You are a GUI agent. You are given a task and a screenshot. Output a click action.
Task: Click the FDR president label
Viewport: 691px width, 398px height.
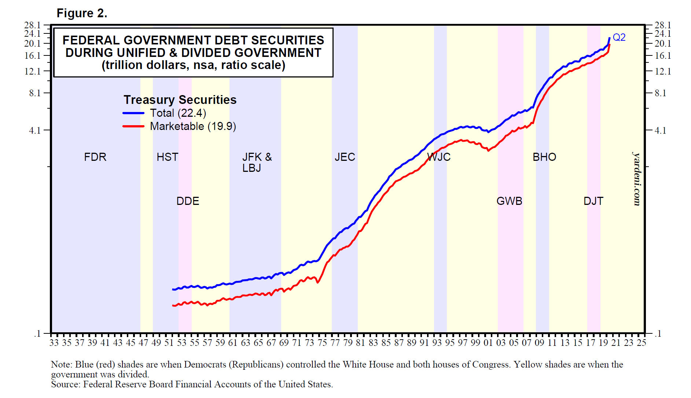pyautogui.click(x=95, y=157)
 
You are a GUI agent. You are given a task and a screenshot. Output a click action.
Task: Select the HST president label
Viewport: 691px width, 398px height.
pyautogui.click(x=167, y=157)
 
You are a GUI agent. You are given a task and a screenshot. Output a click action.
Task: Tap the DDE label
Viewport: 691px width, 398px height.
pyautogui.click(x=188, y=201)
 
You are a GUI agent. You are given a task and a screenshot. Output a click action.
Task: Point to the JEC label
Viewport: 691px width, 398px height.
pyautogui.click(x=345, y=157)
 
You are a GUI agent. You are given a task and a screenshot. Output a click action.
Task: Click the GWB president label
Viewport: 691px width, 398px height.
pyautogui.click(x=509, y=201)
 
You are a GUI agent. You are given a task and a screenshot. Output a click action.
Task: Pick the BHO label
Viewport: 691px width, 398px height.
pyautogui.click(x=544, y=157)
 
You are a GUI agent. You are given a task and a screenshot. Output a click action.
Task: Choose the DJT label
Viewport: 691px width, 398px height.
pyautogui.click(x=593, y=201)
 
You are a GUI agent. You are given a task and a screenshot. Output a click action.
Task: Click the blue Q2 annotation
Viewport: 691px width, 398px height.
pyautogui.click(x=619, y=37)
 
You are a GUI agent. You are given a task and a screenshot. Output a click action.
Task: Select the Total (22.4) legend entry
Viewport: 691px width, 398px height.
pyautogui.click(x=178, y=113)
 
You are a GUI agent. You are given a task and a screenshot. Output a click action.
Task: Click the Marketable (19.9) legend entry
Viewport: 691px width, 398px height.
pyautogui.click(x=193, y=126)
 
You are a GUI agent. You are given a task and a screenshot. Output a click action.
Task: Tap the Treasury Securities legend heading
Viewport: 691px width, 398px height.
pyautogui.click(x=180, y=100)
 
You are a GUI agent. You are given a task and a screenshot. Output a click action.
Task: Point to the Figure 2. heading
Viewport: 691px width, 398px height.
pyautogui.click(x=82, y=13)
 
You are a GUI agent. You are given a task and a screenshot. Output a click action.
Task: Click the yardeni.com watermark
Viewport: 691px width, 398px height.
pyautogui.click(x=637, y=179)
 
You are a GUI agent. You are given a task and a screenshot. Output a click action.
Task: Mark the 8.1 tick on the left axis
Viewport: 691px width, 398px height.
pyautogui.click(x=35, y=93)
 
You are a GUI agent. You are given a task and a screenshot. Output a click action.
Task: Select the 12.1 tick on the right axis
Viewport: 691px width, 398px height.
pyautogui.click(x=663, y=71)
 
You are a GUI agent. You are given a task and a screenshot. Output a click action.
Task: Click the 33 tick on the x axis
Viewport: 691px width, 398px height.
pyautogui.click(x=54, y=343)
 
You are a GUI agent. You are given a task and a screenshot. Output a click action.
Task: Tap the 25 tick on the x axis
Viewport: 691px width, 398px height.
pyautogui.click(x=641, y=343)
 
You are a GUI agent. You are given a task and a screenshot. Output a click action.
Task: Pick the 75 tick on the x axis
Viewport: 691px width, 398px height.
pyautogui.click(x=322, y=343)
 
